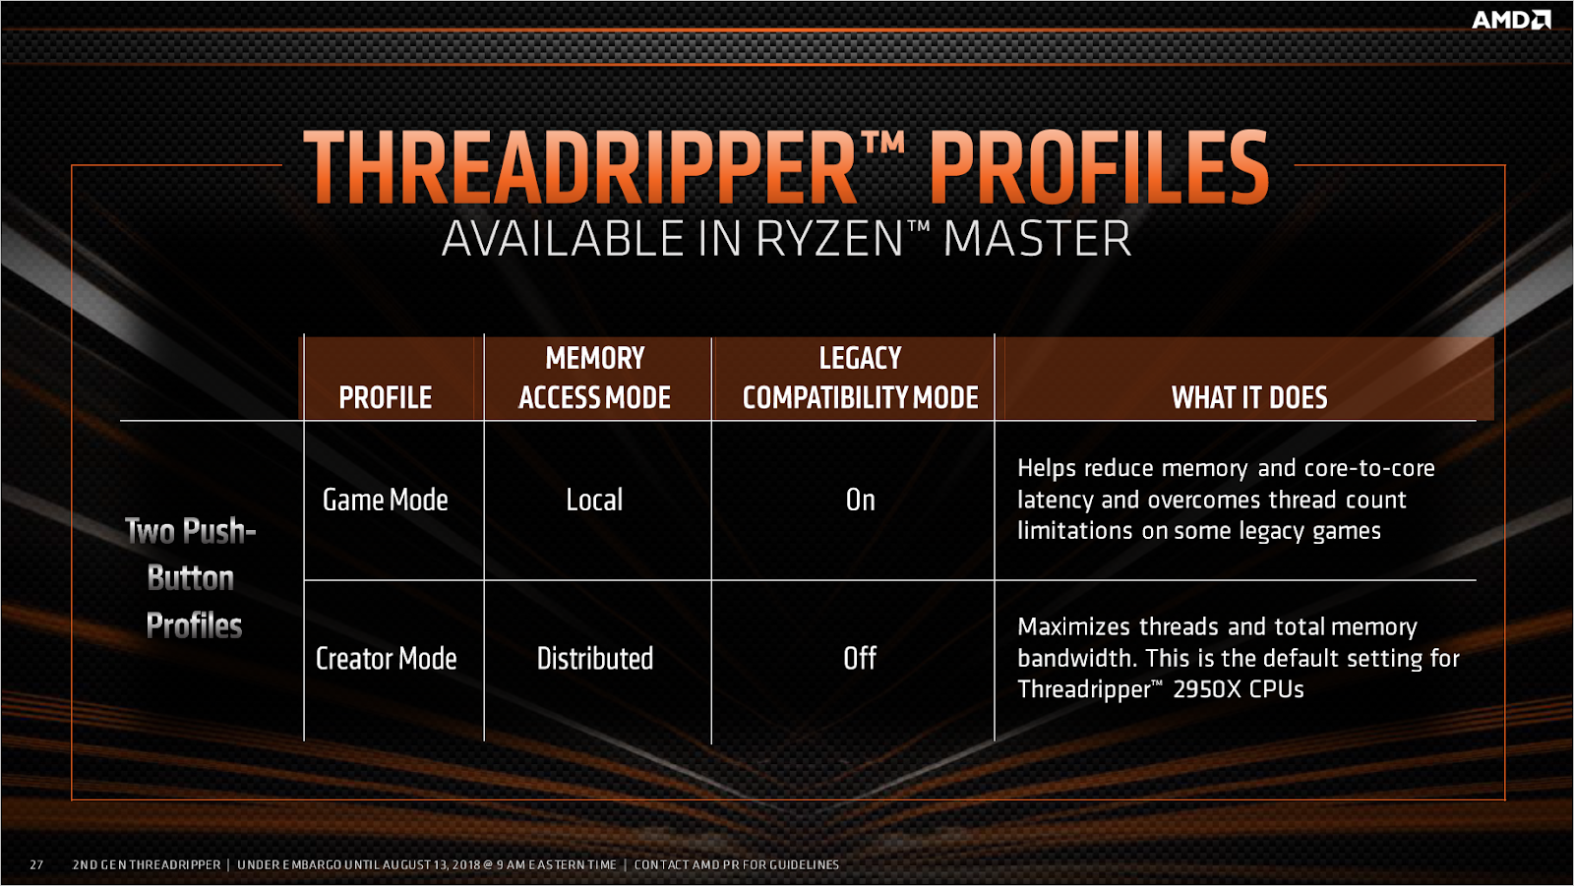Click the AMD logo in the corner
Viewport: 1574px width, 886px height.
point(1510,20)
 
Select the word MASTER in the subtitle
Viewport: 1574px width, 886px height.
point(1037,239)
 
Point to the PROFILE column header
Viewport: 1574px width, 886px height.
point(386,397)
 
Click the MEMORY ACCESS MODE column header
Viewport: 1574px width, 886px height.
point(595,378)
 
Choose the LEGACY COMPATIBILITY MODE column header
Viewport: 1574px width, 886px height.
point(860,378)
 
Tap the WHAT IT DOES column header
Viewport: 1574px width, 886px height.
point(1249,397)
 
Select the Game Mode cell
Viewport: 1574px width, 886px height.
point(386,500)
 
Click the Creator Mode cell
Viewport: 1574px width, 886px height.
point(386,658)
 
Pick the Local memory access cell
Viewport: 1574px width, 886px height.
point(594,500)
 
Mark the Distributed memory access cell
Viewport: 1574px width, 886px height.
point(594,658)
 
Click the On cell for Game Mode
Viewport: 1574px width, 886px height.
point(860,500)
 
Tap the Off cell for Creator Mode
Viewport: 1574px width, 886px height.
point(860,658)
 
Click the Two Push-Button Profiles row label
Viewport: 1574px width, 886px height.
point(192,578)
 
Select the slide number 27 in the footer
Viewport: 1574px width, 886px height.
point(36,864)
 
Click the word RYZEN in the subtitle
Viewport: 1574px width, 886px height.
point(828,239)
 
